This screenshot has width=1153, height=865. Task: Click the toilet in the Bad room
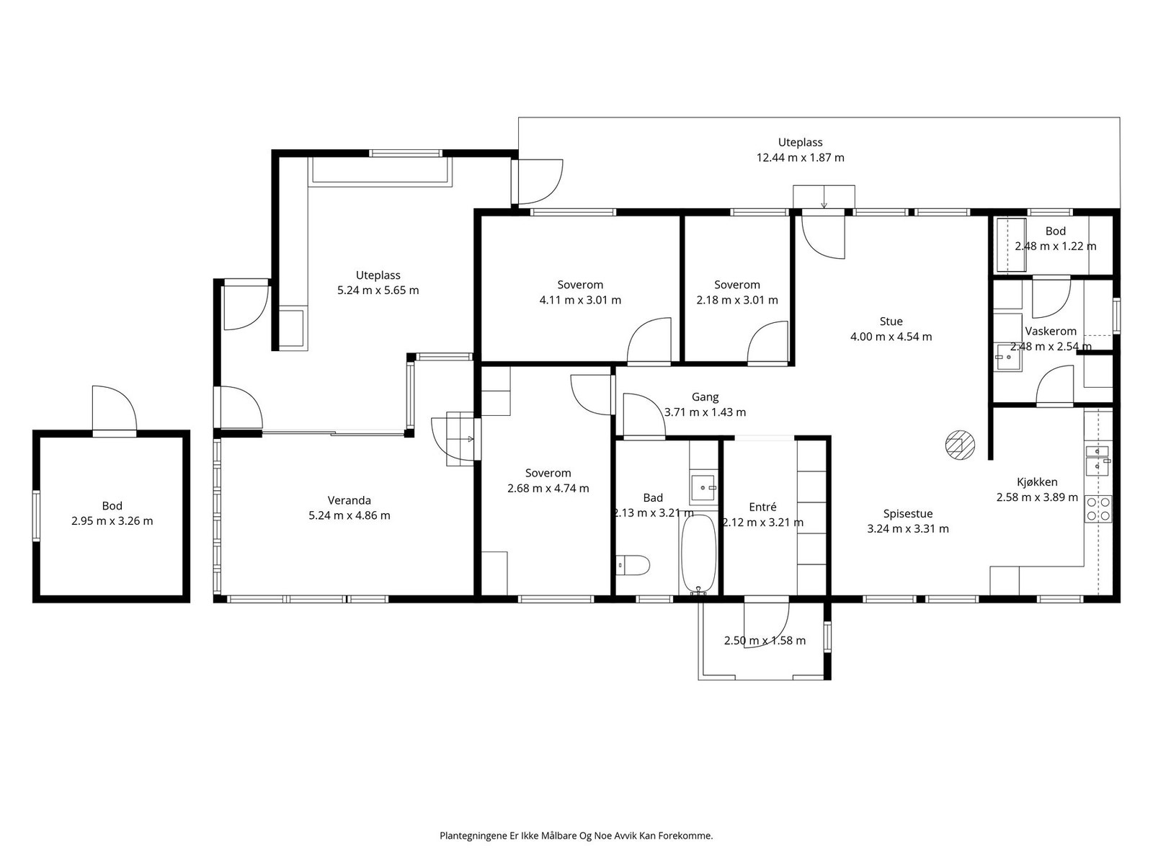[x=633, y=565]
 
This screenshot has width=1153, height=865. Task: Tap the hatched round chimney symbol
[x=960, y=445]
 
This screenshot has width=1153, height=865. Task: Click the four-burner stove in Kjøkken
[x=1098, y=508]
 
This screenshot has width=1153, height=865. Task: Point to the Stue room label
[x=891, y=321]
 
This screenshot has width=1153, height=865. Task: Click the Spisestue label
[x=908, y=513]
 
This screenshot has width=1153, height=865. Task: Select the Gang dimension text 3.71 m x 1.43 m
[x=705, y=412]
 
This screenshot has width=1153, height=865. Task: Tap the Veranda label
[x=350, y=500]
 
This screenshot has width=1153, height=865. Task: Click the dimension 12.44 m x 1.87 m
[x=800, y=158]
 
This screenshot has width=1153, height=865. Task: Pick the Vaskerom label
[x=1051, y=332]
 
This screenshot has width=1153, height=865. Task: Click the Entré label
[x=762, y=507]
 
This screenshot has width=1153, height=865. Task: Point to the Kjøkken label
[x=1037, y=482]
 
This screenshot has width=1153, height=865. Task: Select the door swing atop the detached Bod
[x=115, y=408]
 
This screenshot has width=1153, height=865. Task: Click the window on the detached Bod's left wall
[x=36, y=515]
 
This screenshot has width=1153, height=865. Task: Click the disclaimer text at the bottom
[x=576, y=835]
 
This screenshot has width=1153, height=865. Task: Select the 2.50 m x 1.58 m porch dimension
[x=765, y=640]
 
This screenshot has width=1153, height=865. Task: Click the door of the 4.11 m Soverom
[x=649, y=340]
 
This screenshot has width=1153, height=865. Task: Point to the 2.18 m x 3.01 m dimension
[x=737, y=300]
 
